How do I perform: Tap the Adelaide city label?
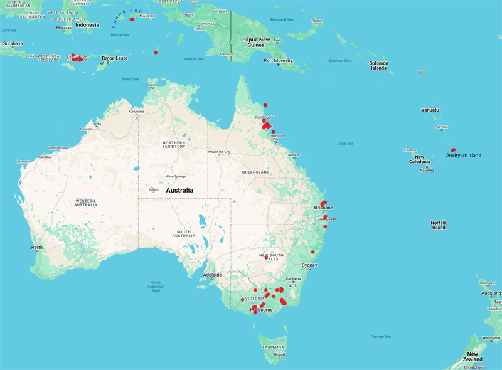point(212,275)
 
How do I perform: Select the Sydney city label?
point(309,265)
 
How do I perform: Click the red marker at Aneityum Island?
point(452,150)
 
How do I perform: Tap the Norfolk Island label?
point(438,225)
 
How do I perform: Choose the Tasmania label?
point(274,346)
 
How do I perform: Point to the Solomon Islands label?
point(378,65)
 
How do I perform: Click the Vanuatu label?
point(430,110)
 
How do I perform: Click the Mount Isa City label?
point(224,152)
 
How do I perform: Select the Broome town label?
point(86,129)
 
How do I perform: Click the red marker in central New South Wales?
point(266,257)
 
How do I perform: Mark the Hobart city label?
point(280,354)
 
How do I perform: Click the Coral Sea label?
point(345,143)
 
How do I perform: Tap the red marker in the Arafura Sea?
point(156,52)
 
